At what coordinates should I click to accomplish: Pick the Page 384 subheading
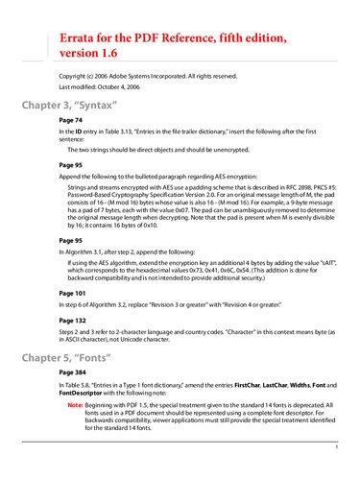pyautogui.click(x=74, y=374)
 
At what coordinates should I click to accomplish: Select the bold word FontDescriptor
pyautogui.click(x=86, y=395)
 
